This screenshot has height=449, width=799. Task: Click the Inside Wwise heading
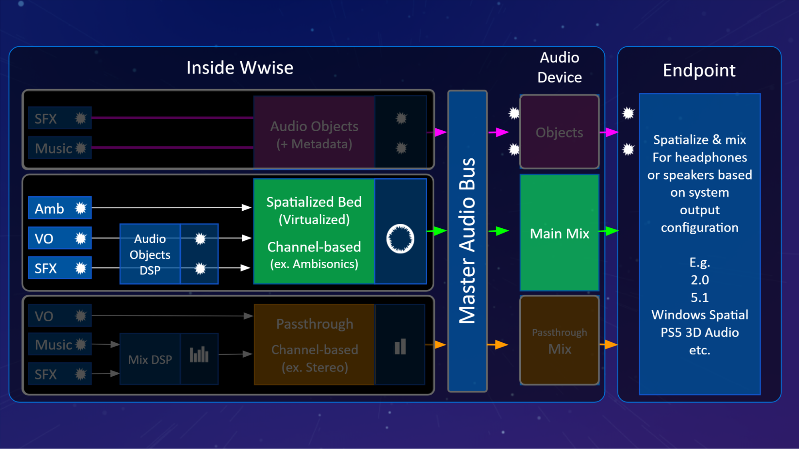click(240, 68)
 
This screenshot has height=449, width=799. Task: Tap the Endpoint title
click(699, 70)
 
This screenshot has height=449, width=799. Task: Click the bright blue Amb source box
click(60, 208)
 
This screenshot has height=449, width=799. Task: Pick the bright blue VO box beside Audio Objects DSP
click(60, 238)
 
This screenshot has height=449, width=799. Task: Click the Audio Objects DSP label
click(150, 254)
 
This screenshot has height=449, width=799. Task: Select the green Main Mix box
click(559, 233)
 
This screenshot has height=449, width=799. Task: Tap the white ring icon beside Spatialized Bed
click(400, 239)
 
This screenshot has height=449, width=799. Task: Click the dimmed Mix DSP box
click(150, 359)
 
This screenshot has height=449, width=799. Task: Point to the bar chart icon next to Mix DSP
click(199, 355)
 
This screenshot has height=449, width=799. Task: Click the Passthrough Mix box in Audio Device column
click(559, 341)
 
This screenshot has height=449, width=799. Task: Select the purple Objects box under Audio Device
click(559, 132)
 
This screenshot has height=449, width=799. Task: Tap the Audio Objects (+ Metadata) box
click(314, 134)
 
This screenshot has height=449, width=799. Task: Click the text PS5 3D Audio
click(699, 332)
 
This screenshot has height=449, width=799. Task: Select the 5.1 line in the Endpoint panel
click(699, 297)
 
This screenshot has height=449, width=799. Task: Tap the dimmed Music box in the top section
click(60, 148)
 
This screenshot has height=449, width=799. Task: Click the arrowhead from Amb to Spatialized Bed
click(246, 207)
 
